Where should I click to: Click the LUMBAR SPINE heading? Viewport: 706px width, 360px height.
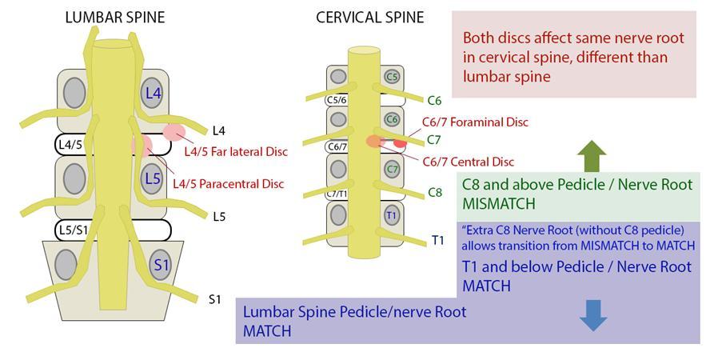[115, 17]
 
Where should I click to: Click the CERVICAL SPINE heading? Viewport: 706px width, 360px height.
[370, 17]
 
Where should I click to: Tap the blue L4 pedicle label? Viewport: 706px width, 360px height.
[153, 94]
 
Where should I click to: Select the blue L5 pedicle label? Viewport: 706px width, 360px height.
[153, 178]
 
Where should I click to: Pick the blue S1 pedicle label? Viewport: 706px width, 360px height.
[162, 264]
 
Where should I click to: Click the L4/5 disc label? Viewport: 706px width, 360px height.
[70, 145]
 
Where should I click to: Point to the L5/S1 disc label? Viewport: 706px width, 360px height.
[73, 230]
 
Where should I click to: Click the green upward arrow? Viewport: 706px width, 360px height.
[592, 156]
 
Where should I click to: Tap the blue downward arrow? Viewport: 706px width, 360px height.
[593, 315]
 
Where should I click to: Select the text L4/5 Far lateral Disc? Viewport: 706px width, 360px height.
[236, 151]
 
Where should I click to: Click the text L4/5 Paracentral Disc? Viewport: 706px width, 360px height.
[229, 184]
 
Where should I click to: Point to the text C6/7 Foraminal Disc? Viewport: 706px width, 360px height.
[476, 122]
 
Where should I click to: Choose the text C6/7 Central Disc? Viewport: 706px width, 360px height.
[469, 162]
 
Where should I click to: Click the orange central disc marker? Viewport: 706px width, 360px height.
[373, 141]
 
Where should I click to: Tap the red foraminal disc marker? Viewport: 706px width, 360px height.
[400, 143]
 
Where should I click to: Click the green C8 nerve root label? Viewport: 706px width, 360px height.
[434, 192]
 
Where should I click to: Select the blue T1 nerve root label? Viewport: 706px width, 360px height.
[438, 241]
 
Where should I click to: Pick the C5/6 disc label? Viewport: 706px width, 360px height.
[337, 99]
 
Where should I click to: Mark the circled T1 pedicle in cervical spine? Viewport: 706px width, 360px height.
[391, 215]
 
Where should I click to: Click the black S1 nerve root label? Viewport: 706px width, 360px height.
[214, 298]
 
